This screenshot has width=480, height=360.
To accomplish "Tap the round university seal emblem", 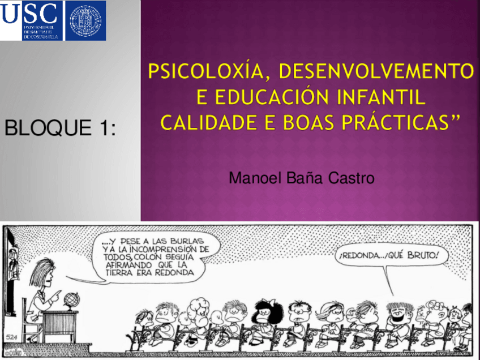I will (x=85, y=20).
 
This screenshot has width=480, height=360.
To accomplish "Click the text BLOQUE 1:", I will (x=60, y=128).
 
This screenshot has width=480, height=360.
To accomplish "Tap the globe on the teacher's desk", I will (x=71, y=300).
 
